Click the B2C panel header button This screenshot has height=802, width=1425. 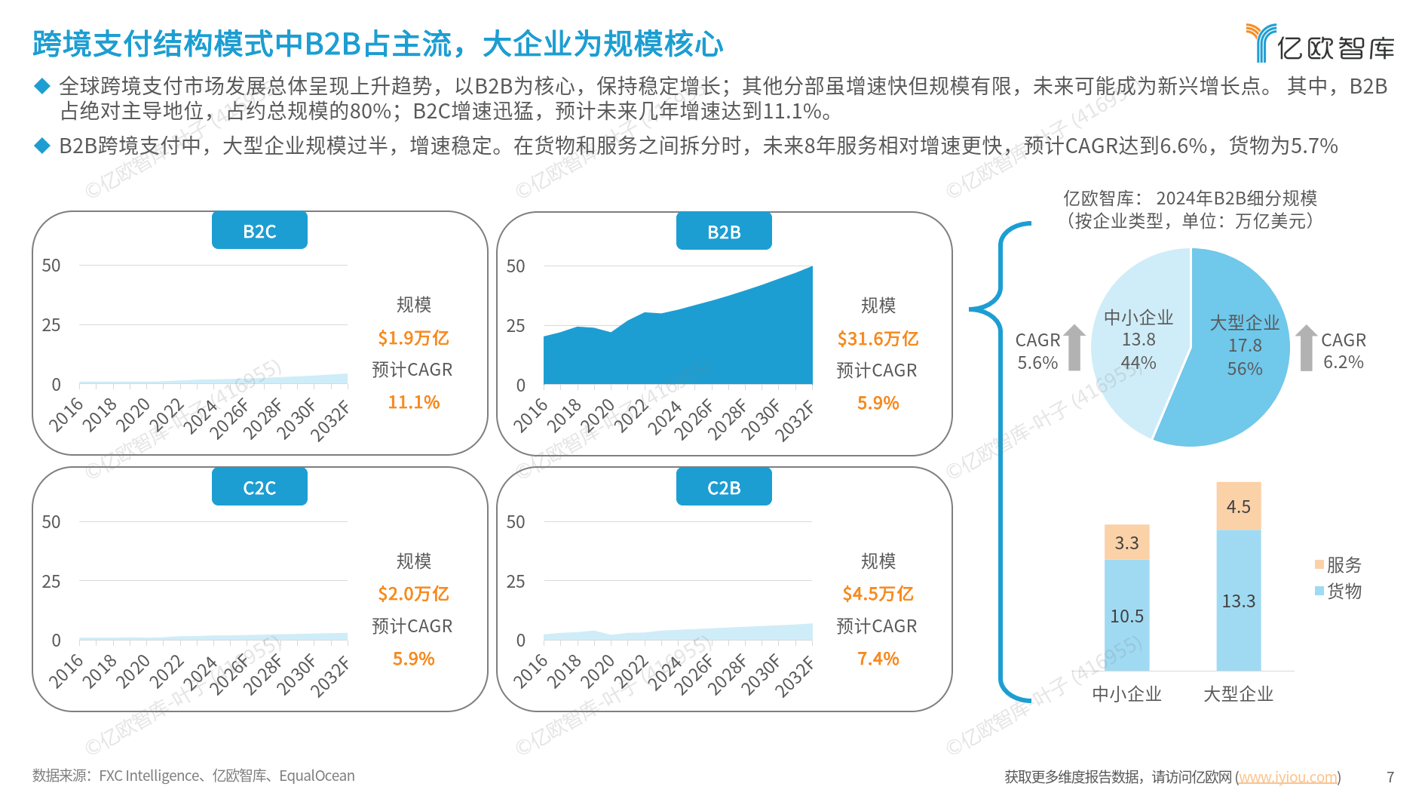pos(259,231)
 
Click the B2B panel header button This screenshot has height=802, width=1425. pos(724,232)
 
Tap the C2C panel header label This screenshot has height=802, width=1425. pos(259,487)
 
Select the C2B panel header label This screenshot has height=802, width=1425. pos(724,487)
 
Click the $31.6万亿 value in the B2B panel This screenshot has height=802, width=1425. pos(878,339)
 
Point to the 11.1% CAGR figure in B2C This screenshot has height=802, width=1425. pos(413,402)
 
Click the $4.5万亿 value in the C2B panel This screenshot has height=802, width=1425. pos(878,594)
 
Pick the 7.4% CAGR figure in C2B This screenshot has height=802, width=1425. pos(878,659)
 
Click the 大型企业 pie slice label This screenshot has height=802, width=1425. pos(1244,323)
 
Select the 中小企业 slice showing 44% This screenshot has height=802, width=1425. pos(1138,340)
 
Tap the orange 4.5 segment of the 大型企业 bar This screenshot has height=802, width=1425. pos(1238,506)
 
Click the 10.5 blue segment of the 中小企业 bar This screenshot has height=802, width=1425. pos(1126,616)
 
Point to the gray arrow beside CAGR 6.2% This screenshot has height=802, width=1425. pos(1306,348)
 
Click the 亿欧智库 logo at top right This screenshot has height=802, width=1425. pos(1319,44)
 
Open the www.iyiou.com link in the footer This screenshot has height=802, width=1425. pos(1288,776)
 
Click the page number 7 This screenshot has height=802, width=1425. pos(1390,776)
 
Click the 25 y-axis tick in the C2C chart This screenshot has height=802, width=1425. pos(51,581)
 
